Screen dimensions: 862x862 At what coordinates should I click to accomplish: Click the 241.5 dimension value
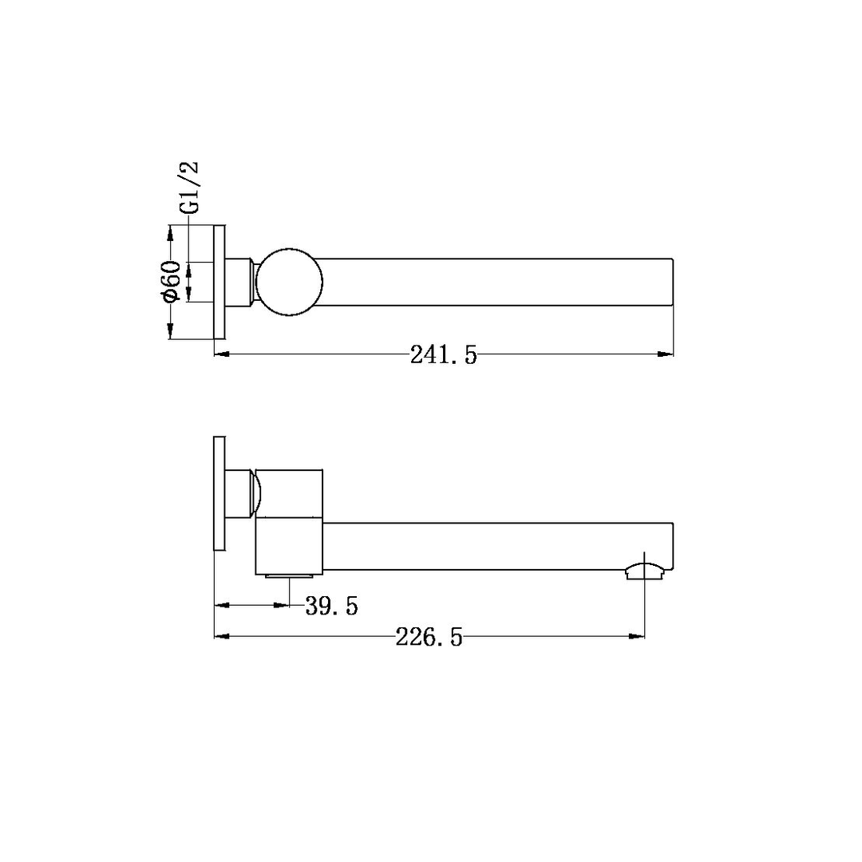point(444,355)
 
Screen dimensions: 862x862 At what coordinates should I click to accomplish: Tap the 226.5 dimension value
point(429,638)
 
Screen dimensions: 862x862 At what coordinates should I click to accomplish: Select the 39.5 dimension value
point(331,607)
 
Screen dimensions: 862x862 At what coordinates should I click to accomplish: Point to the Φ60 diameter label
point(172,281)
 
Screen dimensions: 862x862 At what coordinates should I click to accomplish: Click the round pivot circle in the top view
point(289,282)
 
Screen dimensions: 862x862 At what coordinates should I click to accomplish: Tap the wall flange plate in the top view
point(219,282)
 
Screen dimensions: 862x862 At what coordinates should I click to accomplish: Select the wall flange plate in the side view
point(219,494)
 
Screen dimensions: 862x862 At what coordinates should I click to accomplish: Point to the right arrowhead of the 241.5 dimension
point(666,354)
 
